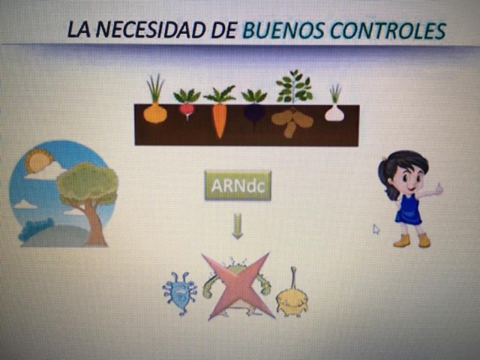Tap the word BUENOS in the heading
coord(283,31)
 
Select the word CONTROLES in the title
coord(388,31)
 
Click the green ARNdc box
coord(238,185)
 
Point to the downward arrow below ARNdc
coord(237,226)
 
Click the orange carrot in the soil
coord(220,120)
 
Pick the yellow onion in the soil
coord(155,113)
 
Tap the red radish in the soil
coord(187,111)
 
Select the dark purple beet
coord(254,114)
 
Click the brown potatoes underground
coord(292,122)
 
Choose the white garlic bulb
coord(334,113)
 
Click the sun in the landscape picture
coord(38,160)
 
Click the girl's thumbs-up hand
coord(439,190)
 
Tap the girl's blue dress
coord(409,208)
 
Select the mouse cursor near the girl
coord(376,229)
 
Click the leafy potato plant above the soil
coord(294,86)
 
